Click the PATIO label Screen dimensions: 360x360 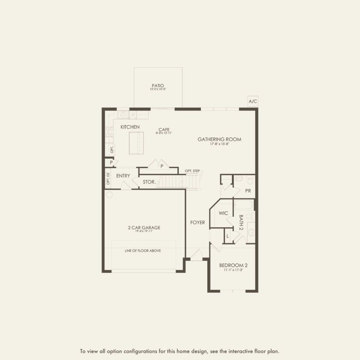(158, 85)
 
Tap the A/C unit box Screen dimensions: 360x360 (253, 102)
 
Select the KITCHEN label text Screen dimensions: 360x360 (130, 127)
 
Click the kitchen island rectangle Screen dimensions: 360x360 (137, 143)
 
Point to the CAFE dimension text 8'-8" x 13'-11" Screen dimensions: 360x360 (163, 134)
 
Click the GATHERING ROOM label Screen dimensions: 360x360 (219, 139)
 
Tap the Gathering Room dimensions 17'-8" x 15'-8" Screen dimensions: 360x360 (219, 144)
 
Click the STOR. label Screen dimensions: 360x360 (149, 182)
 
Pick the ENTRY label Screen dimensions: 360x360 (123, 176)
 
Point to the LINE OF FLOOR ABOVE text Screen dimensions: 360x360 (143, 250)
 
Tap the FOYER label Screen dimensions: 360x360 (198, 222)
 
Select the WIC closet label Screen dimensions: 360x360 (223, 213)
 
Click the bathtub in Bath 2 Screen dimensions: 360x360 (244, 204)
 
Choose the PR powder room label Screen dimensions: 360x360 (248, 191)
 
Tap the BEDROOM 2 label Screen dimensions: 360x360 (233, 265)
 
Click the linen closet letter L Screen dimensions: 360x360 (227, 236)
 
